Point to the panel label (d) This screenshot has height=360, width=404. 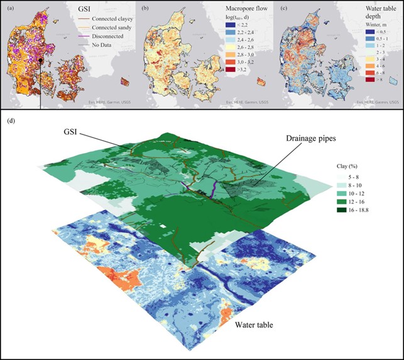pyautogui.click(x=9, y=119)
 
